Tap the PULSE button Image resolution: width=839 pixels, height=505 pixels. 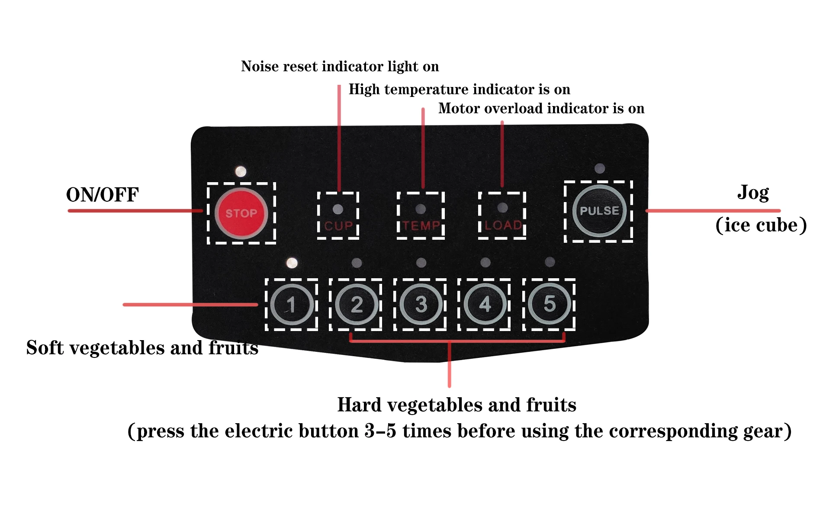pos(599,211)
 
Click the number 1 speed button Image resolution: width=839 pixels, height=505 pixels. pos(292,305)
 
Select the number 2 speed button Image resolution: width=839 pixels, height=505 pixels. pos(356,305)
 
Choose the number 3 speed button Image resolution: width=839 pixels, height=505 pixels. pos(421,304)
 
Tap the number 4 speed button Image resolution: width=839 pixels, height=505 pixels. pos(485,304)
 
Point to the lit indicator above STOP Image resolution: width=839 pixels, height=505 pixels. pos(241,172)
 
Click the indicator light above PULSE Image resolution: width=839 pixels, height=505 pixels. pos(600,168)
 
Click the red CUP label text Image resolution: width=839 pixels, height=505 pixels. pos(338,226)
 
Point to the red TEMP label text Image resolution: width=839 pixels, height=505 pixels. pos(421,226)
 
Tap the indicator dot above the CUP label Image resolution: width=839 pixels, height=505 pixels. pos(338,209)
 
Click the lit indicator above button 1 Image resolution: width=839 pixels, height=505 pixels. pos(292,263)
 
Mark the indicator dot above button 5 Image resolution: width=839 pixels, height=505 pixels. pos(550,262)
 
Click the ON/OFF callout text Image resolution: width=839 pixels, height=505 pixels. pos(102,195)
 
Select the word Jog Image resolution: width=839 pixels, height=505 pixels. pos(753,193)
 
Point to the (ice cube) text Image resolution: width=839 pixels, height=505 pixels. pos(761,225)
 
